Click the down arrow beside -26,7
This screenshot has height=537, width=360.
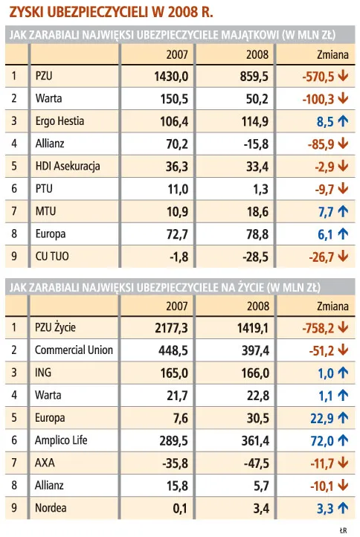343,257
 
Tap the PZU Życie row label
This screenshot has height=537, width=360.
57,327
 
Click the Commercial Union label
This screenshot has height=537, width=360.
74,350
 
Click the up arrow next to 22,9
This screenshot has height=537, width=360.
343,418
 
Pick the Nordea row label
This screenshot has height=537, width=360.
51,509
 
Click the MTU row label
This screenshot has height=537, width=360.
45,211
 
